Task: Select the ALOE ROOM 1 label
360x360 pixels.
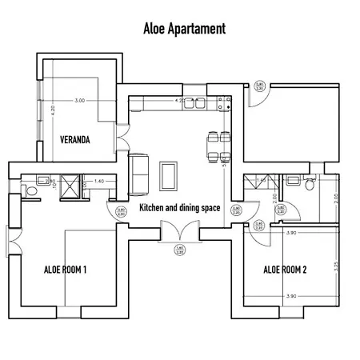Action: [65, 270]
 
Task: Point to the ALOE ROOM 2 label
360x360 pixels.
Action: [285, 270]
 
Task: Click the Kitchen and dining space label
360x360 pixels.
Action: [179, 208]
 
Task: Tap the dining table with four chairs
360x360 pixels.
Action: [215, 144]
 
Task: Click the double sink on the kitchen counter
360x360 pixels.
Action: [194, 102]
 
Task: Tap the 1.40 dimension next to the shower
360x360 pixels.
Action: [99, 182]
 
